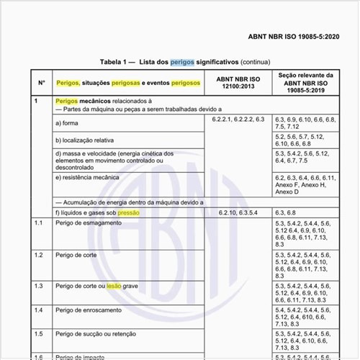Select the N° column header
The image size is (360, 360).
42,82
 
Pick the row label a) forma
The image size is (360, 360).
69,122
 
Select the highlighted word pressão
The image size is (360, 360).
129,213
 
